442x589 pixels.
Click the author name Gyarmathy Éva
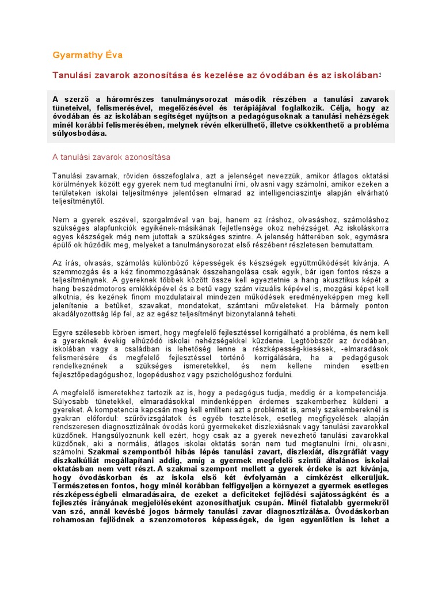point(87,55)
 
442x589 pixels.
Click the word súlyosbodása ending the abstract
point(79,133)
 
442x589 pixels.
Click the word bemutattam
point(365,244)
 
